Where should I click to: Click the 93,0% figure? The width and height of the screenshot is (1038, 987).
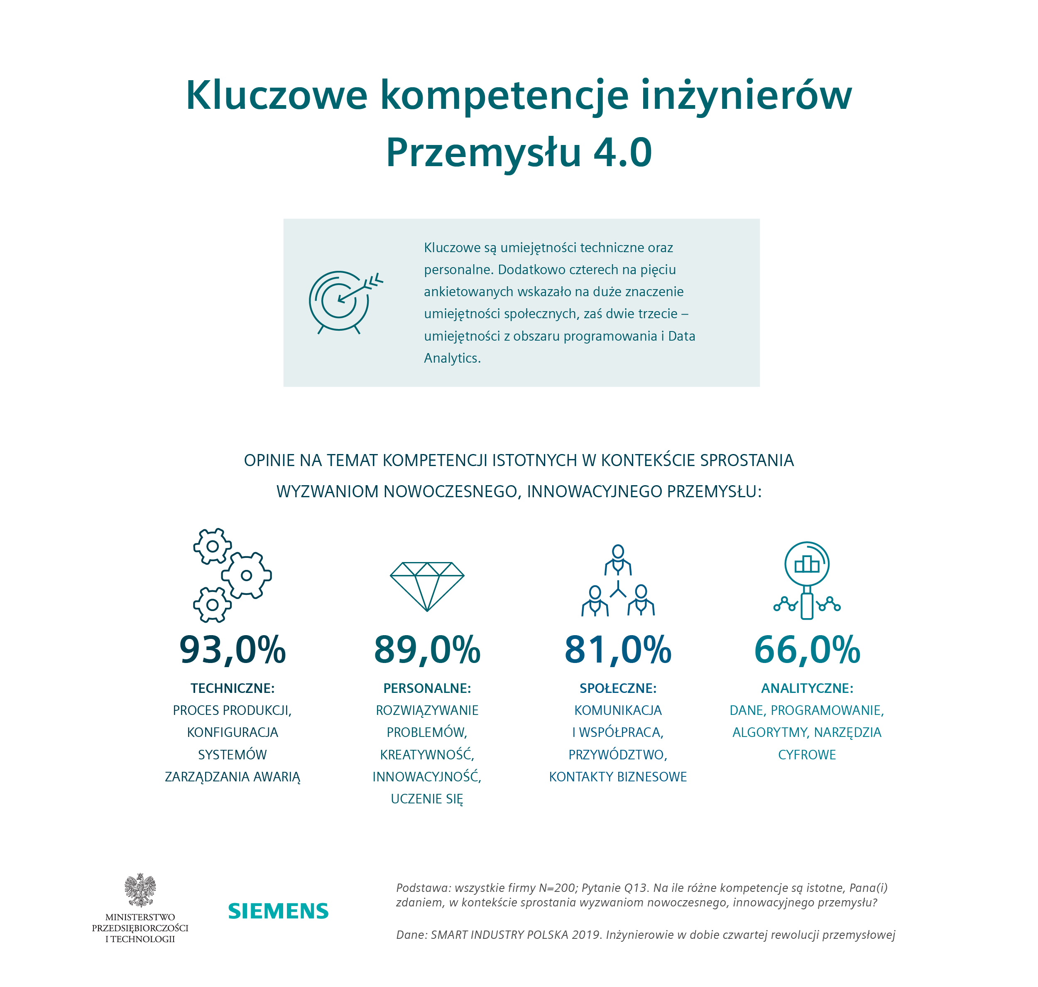tap(232, 650)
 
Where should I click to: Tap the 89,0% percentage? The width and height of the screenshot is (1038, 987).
tap(426, 650)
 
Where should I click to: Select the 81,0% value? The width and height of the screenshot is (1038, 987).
tap(617, 650)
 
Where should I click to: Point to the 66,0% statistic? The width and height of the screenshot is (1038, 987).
tap(807, 650)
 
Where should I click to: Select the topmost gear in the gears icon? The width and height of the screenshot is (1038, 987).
tap(213, 546)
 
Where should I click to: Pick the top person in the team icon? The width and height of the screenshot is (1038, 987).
tap(618, 559)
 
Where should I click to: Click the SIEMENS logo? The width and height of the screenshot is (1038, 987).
tap(278, 911)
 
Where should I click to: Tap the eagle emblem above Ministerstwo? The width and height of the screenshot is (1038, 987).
tap(140, 889)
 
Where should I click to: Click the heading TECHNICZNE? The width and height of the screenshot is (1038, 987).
tap(232, 688)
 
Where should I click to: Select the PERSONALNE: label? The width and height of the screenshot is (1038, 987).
tap(426, 688)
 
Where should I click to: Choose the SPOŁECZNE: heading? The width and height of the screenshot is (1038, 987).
tap(617, 688)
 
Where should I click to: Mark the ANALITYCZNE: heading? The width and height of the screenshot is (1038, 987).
tap(807, 688)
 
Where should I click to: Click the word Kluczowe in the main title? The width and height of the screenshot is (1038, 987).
tap(277, 96)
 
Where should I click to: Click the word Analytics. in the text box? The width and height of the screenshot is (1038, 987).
tap(452, 358)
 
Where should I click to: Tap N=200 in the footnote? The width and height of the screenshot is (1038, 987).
tap(557, 888)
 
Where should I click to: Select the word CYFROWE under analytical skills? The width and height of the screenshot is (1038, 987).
tap(807, 754)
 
